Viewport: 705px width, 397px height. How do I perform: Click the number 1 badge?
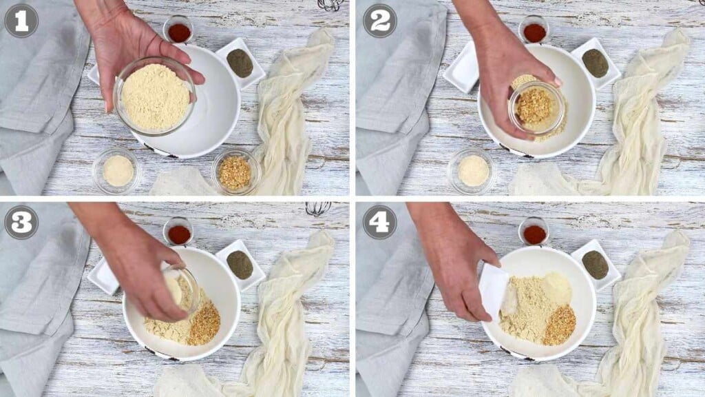21,21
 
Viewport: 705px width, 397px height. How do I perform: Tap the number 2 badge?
379,21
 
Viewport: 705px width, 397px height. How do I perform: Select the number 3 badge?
21,222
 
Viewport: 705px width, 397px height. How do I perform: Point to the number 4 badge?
379,222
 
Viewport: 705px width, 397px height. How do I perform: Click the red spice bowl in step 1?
178,31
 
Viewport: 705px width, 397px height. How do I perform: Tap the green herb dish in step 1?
240,63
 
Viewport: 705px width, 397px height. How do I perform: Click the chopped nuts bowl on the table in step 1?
235,172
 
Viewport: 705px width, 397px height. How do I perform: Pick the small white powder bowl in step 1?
118,170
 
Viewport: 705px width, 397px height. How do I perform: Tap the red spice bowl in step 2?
534,31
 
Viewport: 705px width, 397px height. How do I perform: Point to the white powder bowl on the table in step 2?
473,170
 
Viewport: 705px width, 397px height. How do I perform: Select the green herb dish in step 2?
595,63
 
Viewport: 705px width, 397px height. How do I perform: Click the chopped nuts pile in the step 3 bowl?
204,324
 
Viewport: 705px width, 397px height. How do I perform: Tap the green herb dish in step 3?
240,265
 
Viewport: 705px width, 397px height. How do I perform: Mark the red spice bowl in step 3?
179,234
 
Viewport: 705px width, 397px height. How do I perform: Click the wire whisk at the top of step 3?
317,208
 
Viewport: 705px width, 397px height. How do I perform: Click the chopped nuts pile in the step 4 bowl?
559,325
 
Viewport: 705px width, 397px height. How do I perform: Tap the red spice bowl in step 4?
534,234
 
